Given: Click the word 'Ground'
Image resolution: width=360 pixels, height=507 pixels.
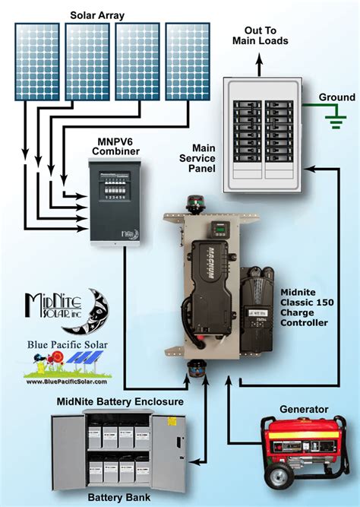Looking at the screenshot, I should tap(336, 97).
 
